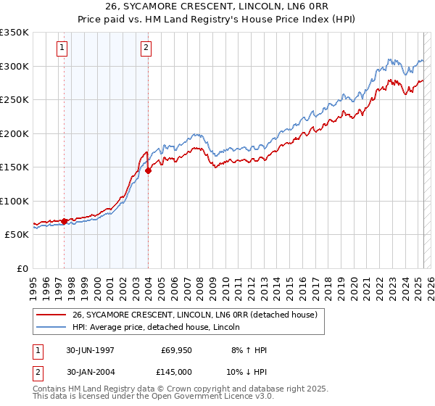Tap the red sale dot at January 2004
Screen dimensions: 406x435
(148, 171)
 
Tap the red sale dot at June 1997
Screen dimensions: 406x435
(64, 221)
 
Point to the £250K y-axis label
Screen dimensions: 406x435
(14, 99)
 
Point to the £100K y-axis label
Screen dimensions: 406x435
(14, 201)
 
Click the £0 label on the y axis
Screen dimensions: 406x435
(22, 268)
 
